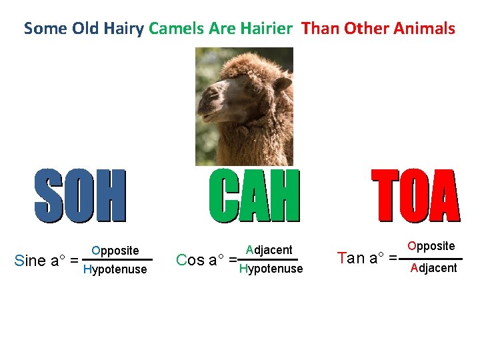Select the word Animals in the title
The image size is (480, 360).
click(x=424, y=29)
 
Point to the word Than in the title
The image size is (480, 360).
click(x=320, y=29)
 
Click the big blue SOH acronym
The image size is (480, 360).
click(x=80, y=195)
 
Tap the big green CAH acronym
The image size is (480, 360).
click(x=254, y=195)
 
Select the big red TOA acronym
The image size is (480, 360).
click(x=415, y=195)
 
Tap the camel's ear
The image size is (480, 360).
click(x=283, y=83)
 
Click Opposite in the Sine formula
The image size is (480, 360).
click(x=115, y=251)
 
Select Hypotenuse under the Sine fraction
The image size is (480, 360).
click(x=114, y=269)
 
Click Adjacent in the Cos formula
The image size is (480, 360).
click(x=269, y=250)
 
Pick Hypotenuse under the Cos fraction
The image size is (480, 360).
click(x=271, y=269)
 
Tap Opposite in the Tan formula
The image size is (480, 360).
click(x=431, y=246)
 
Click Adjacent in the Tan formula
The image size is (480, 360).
click(x=434, y=268)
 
